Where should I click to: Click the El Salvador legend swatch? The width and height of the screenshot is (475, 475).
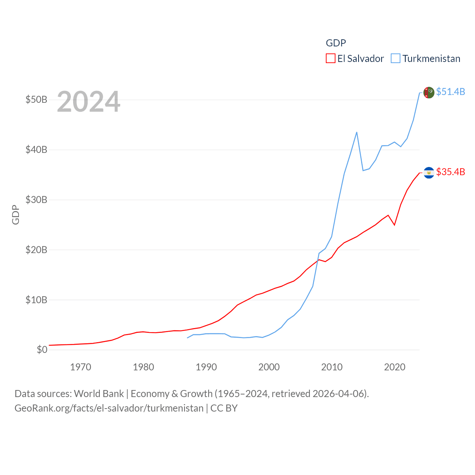(x=330, y=59)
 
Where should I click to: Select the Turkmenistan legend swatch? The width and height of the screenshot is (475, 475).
(x=396, y=59)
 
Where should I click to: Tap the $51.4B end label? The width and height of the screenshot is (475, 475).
(x=451, y=92)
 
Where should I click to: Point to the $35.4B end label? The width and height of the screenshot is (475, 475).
(x=451, y=172)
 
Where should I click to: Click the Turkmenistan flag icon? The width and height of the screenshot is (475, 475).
(x=429, y=92)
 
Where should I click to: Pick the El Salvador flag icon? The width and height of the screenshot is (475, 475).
(x=429, y=173)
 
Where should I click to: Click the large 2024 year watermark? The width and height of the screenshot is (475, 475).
(x=88, y=101)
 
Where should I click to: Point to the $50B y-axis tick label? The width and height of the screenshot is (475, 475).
(x=36, y=100)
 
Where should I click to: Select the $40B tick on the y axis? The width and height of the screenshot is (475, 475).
(x=36, y=150)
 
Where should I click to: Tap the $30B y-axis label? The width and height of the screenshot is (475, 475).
(x=36, y=200)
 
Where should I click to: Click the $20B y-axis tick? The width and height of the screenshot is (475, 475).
(x=36, y=250)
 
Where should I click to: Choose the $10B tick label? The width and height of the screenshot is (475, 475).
(x=36, y=300)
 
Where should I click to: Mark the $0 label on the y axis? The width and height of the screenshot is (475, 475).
(x=42, y=350)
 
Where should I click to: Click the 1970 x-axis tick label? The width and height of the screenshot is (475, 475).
(x=81, y=367)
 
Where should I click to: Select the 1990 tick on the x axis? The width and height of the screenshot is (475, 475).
(x=206, y=367)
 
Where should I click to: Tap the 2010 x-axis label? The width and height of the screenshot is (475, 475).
(x=332, y=367)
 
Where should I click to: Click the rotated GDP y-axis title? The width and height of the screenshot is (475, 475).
(x=16, y=214)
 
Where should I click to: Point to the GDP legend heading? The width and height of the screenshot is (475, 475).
(x=336, y=43)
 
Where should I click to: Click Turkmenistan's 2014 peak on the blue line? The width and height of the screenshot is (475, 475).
(x=357, y=132)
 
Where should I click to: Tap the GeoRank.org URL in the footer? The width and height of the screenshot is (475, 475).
(x=109, y=408)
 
